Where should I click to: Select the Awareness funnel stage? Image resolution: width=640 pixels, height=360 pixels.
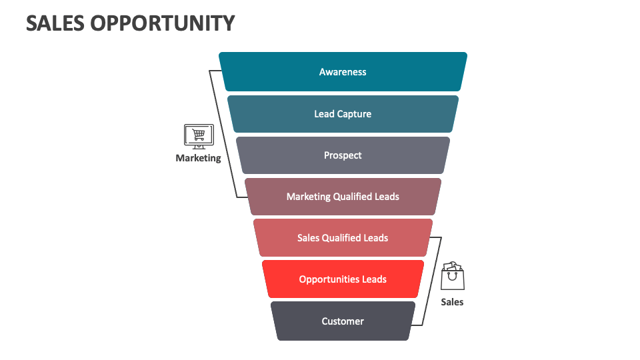(343, 72)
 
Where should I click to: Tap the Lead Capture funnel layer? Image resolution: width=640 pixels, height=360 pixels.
(343, 114)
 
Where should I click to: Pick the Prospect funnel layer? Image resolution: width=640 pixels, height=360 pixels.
(343, 155)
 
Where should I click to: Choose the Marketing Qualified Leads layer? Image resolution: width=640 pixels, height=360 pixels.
(343, 197)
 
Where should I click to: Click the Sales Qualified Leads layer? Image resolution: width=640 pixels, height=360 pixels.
(343, 238)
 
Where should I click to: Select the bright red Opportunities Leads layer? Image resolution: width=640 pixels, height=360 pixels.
(343, 279)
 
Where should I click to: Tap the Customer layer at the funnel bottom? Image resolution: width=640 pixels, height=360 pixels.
(343, 321)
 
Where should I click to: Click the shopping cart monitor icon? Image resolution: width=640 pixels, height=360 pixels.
(198, 135)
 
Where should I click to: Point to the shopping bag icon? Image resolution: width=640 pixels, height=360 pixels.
(452, 276)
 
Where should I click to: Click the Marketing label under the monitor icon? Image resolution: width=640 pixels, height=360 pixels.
(198, 159)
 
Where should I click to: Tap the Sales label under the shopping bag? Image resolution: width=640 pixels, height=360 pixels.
(452, 302)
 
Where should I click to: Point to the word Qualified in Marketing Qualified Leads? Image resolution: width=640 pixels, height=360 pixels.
(354, 197)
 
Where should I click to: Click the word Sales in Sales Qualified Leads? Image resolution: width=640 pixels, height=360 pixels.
(309, 238)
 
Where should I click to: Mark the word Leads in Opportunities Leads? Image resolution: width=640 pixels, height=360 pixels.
(374, 279)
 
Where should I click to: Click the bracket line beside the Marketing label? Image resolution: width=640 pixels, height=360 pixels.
(224, 133)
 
